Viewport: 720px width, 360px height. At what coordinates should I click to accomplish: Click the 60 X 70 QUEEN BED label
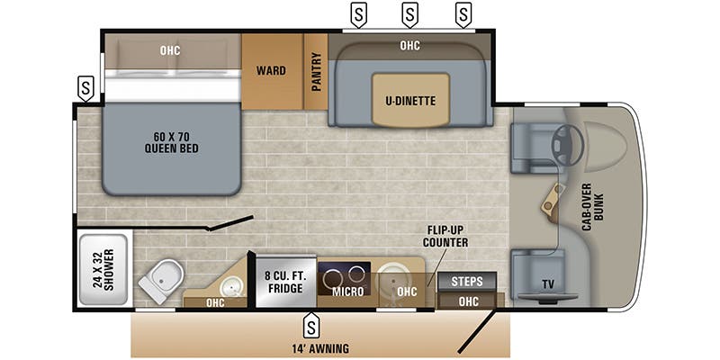coord(170,143)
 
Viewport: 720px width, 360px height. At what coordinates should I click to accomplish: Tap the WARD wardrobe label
coord(271,71)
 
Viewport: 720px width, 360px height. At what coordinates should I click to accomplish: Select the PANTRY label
coord(316,72)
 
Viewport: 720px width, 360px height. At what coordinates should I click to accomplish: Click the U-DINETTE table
coord(410,100)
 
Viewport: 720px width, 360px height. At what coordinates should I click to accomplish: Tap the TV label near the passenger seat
coord(548,284)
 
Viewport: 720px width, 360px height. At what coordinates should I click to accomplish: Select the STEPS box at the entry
coord(466,281)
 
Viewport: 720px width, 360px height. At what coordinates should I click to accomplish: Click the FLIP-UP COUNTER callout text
coord(445,236)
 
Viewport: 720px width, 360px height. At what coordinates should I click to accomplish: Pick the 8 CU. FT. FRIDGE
coord(284,283)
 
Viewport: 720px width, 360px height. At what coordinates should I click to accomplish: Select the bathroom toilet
coord(156,283)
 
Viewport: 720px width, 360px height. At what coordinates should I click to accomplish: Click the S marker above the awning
coord(311,323)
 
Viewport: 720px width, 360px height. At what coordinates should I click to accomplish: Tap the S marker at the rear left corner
coord(85,88)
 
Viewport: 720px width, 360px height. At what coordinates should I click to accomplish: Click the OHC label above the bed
coord(170,50)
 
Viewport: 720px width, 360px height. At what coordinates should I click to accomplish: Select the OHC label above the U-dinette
coord(409,45)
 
